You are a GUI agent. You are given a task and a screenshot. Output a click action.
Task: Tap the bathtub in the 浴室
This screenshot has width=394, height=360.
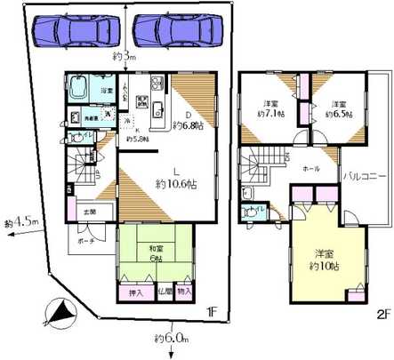79,91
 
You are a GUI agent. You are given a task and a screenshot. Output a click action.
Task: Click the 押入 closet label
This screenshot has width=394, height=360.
128,291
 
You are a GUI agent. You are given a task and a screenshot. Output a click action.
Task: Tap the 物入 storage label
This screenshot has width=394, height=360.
184,291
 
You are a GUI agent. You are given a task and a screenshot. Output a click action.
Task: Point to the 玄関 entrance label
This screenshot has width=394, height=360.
91,212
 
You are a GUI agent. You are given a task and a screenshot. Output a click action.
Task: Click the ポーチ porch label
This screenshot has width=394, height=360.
84,240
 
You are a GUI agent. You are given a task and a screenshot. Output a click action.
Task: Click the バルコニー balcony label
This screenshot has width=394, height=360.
366,176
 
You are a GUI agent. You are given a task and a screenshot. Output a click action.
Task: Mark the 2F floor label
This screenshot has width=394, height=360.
383,314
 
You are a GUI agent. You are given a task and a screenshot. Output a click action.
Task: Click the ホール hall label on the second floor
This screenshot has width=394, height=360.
312,168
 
